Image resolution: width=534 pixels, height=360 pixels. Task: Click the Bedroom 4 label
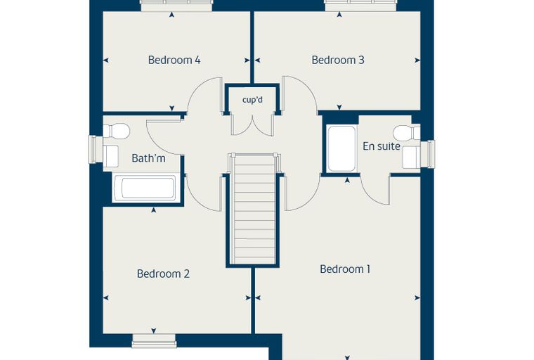coord(174,60)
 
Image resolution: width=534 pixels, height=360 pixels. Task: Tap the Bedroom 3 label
coord(338,60)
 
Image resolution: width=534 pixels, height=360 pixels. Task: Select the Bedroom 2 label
coord(163,274)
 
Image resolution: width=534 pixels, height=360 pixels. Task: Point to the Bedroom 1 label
coord(345,269)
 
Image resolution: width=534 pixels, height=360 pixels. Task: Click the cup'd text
coord(252,101)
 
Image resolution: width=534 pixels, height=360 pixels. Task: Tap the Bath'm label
coord(148,158)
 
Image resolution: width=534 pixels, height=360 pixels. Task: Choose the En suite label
coord(382,146)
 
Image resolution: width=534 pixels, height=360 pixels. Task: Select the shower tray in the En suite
coord(341,149)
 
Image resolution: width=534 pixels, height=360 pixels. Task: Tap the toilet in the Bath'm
coord(116,131)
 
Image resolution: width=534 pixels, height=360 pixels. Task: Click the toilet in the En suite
coord(407,133)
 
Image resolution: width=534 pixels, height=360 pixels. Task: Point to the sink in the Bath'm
coord(110,156)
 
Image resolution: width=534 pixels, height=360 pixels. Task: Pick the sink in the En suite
coord(412,157)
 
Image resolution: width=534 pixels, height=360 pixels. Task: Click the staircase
coord(253,209)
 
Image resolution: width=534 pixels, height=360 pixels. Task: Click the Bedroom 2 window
coord(154,340)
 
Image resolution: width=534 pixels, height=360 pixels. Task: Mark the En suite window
coord(428,154)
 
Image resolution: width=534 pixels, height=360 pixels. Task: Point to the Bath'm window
coord(96,149)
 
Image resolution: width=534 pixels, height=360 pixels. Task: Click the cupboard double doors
coord(252,125)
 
